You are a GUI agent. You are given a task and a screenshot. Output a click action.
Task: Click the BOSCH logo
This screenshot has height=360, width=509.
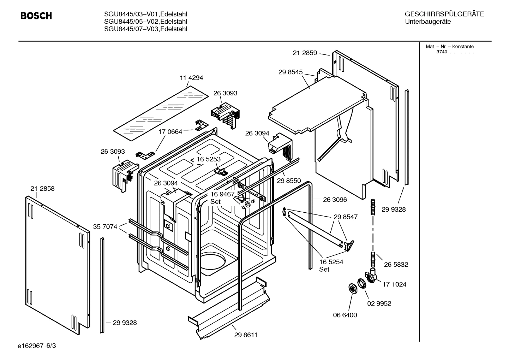pyautogui.click(x=36, y=16)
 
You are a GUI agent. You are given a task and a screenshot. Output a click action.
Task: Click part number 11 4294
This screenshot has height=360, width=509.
pyautogui.click(x=191, y=78)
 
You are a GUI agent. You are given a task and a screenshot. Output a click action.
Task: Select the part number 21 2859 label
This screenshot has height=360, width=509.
pyautogui.click(x=305, y=53)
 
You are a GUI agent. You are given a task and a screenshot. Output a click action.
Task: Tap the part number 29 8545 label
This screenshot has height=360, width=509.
pyautogui.click(x=291, y=72)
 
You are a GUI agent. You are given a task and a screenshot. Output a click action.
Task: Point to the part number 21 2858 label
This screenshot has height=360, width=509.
pyautogui.click(x=42, y=189)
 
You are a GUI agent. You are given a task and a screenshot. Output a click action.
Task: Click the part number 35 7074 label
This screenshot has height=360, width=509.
pyautogui.click(x=105, y=226)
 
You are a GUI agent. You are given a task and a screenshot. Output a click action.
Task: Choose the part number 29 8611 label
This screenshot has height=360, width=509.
pyautogui.click(x=246, y=335)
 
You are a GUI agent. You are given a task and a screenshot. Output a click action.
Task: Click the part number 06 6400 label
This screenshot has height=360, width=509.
pyautogui.click(x=345, y=315)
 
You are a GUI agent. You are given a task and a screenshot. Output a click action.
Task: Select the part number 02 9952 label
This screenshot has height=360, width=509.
pyautogui.click(x=379, y=303)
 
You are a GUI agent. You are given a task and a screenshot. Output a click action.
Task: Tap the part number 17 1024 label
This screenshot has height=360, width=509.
pyautogui.click(x=394, y=284)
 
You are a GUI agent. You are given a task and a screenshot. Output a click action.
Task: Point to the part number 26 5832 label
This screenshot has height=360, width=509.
pyautogui.click(x=396, y=264)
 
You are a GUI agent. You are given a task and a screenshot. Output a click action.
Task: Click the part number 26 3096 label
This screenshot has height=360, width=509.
pyautogui.click(x=335, y=200)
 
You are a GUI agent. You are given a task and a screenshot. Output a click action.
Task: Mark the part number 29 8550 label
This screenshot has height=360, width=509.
pyautogui.click(x=289, y=181)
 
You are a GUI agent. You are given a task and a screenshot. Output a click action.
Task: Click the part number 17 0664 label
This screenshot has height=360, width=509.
pyautogui.click(x=170, y=132)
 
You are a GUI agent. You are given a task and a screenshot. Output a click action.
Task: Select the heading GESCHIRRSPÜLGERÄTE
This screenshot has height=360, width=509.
pyautogui.click(x=444, y=14)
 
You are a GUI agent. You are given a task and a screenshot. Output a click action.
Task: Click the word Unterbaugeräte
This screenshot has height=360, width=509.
pyautogui.click(x=428, y=22)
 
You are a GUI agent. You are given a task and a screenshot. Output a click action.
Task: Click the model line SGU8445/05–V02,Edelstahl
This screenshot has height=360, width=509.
pyautogui.click(x=145, y=22)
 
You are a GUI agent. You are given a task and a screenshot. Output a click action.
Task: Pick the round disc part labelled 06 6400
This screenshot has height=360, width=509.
pyautogui.click(x=352, y=288)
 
